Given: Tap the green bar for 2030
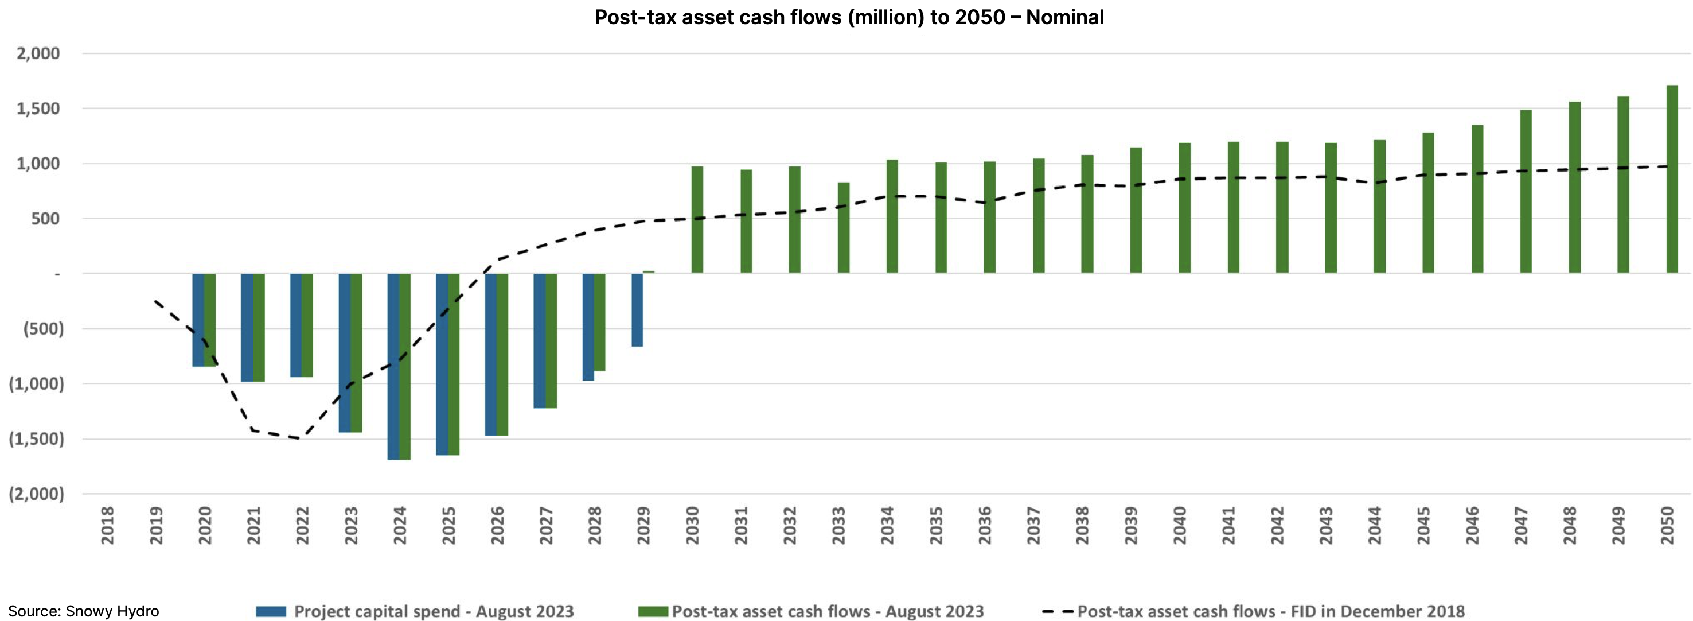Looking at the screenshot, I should click(697, 220).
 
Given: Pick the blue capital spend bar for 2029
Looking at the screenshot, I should click(637, 310).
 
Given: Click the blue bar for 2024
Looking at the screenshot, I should click(393, 366).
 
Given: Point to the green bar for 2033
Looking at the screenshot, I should click(843, 228).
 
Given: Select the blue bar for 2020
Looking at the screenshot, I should click(198, 320).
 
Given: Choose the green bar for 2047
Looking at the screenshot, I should click(1526, 192).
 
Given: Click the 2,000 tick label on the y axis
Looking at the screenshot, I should click(38, 53).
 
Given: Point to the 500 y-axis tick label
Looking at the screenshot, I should click(45, 219).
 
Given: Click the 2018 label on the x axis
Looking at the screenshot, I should click(108, 525).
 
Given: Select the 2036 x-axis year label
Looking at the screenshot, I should click(985, 525).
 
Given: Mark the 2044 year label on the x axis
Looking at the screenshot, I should click(1374, 525).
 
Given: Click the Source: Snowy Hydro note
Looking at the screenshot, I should click(84, 611).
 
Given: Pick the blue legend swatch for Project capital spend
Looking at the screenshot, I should click(271, 611).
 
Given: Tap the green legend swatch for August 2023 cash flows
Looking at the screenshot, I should click(653, 611).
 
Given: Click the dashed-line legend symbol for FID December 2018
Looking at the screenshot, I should click(1058, 611).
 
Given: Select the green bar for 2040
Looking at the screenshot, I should click(1184, 208).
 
